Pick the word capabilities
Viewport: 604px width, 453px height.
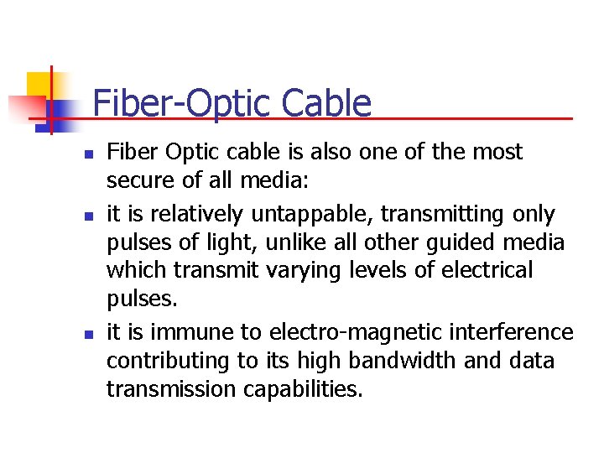[294, 389]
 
